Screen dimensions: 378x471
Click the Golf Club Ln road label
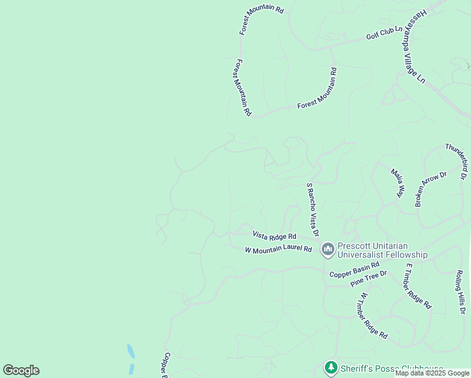pos(384,33)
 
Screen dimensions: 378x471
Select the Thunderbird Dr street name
pos(457,158)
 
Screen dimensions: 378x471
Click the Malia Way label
pos(397,183)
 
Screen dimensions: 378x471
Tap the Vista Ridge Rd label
pos(274,236)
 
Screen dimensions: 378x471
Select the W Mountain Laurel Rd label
pos(278,249)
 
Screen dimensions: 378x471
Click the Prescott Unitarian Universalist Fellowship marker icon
pos(327,250)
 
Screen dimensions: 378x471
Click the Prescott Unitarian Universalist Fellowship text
pos(382,250)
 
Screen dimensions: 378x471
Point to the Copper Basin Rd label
pos(353,270)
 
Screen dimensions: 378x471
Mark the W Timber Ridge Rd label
pos(373,316)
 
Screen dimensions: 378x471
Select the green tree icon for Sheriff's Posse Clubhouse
pos(331,367)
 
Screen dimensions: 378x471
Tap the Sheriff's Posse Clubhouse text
pos(391,369)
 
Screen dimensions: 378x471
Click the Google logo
pos(21,370)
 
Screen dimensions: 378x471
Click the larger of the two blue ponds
pos(130,351)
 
